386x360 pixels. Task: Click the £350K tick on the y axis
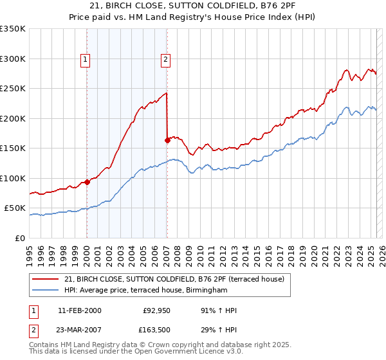tap(13, 29)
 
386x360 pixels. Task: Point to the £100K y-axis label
tap(13, 178)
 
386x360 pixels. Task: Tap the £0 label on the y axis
tap(20, 238)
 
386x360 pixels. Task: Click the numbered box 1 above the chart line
tap(86, 60)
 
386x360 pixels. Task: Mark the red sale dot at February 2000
tap(87, 183)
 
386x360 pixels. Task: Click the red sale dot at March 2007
tap(167, 140)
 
